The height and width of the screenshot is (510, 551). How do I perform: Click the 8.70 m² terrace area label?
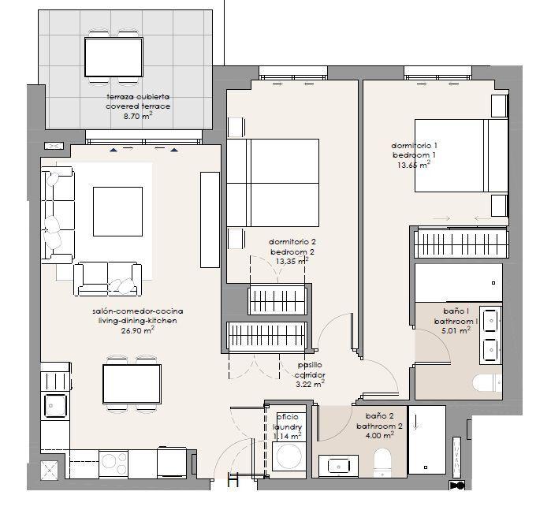138,117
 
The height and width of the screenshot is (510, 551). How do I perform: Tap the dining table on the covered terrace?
114,58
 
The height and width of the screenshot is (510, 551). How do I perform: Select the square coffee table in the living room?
117,211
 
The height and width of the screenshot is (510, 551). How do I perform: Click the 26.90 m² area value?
138,330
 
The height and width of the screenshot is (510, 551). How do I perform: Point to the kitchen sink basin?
55,406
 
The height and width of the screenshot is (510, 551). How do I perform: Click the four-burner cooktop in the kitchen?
114,463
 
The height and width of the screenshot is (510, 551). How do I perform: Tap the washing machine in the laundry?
289,456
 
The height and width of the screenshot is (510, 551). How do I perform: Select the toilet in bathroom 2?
382,462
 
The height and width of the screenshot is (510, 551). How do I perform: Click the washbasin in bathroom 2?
338,466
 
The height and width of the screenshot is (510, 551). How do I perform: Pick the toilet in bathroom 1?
486,383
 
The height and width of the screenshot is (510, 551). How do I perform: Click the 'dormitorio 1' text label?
414,145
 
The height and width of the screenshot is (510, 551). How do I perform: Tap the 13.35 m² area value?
292,261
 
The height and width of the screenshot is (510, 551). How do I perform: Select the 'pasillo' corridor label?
310,365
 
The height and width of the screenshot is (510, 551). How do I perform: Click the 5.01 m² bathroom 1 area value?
456,330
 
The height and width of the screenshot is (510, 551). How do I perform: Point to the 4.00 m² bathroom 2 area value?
379,435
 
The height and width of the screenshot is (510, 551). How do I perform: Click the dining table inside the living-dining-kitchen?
132,384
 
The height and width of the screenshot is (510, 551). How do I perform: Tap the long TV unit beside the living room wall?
210,220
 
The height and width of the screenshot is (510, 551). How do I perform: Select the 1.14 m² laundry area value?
287,436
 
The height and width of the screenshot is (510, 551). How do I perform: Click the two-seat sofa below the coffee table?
107,278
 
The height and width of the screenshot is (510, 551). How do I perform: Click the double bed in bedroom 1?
461,155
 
